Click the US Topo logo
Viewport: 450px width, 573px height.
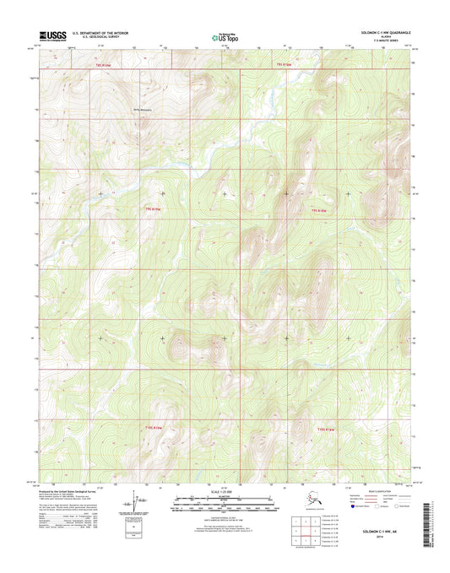(224, 36)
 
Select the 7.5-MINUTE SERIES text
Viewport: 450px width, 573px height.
(390, 41)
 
